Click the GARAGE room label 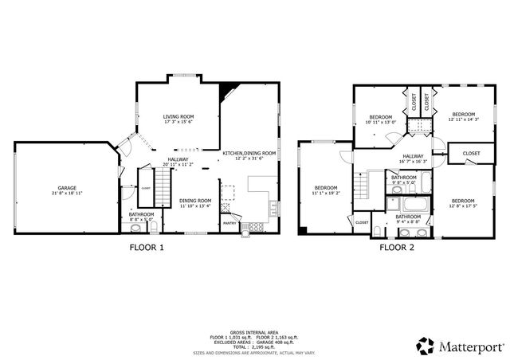(67, 188)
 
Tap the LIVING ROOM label (178, 116)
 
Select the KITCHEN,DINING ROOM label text (249, 153)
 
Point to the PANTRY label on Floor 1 (229, 223)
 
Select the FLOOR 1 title (147, 247)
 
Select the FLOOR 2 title (396, 247)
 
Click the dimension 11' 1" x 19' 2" (325, 193)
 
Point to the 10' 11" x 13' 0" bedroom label (379, 122)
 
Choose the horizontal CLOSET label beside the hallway (471, 153)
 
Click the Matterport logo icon (426, 345)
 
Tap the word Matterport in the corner (469, 346)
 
